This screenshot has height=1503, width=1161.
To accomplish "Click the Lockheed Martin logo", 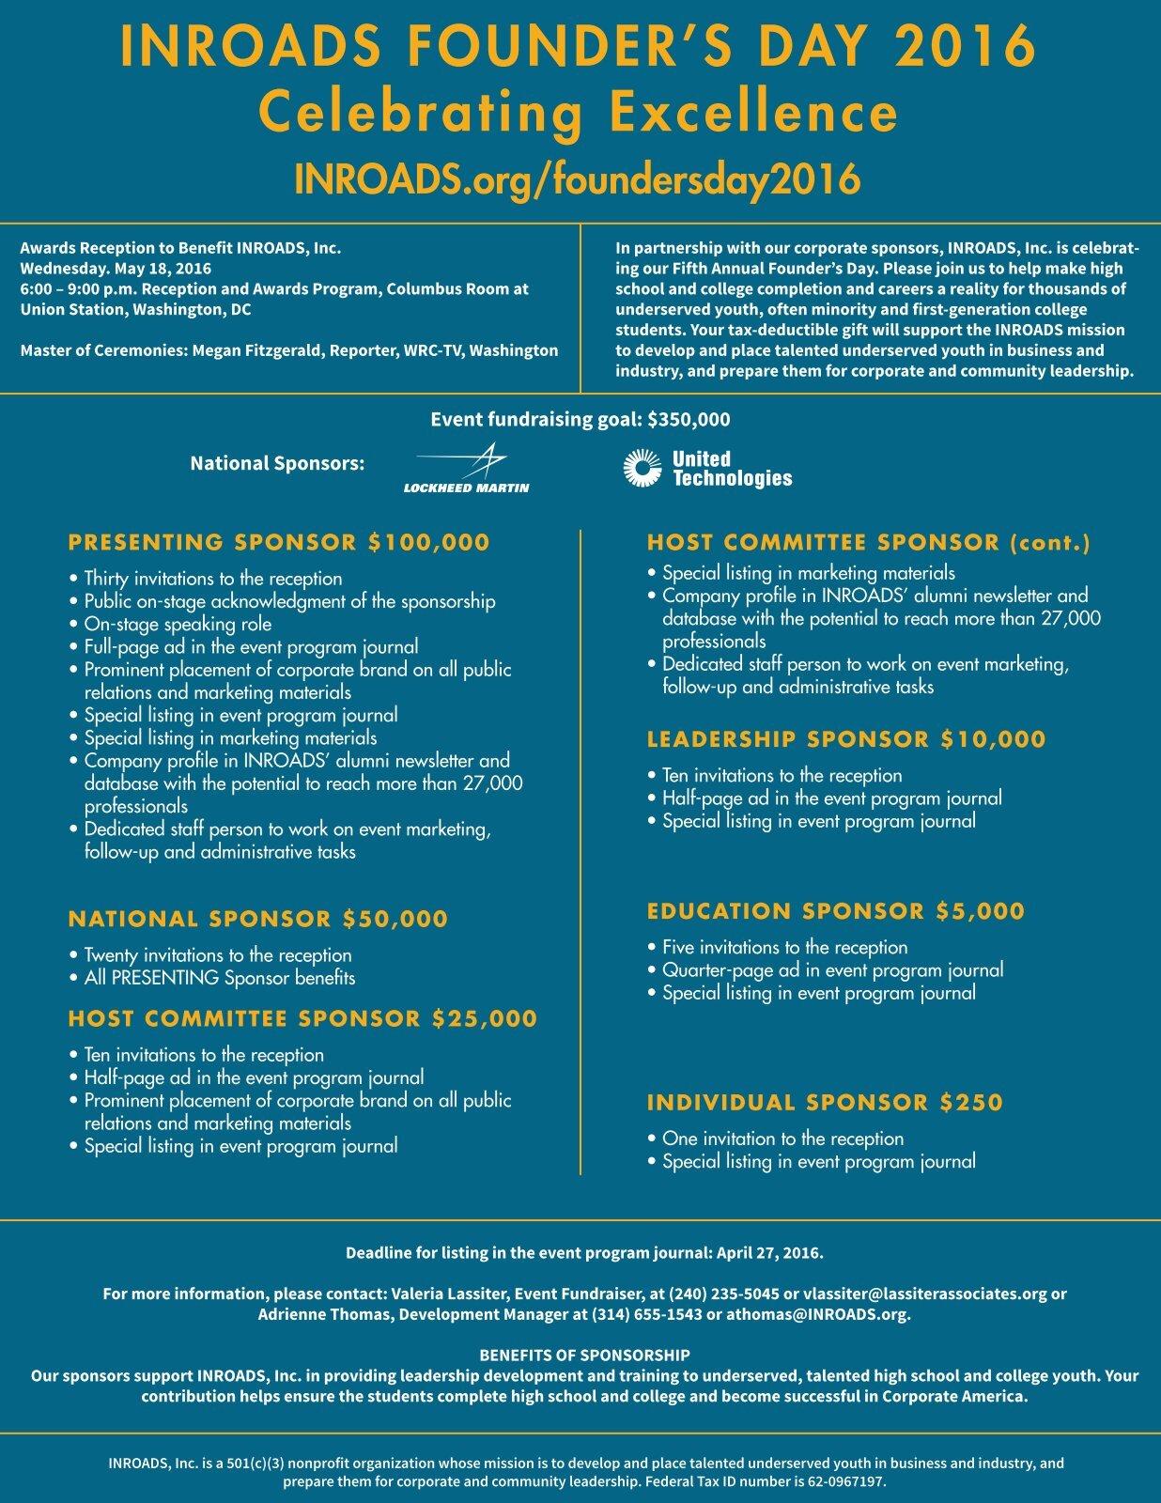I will (466, 469).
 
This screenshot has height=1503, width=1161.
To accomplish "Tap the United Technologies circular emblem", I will (642, 469).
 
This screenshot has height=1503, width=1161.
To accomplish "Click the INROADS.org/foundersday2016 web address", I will (578, 178).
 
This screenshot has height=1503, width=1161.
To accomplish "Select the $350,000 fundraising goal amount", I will (689, 420).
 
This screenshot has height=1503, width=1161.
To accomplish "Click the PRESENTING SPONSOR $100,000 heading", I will (279, 542).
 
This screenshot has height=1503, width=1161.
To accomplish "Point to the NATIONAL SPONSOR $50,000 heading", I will (257, 919).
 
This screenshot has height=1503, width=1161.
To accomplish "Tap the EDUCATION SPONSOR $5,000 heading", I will (836, 911).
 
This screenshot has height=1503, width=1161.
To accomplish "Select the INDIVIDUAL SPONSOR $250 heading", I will (825, 1102).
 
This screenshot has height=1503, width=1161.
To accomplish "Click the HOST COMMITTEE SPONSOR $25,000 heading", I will (302, 1018).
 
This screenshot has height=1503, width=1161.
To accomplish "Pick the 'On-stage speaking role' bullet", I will (178, 624).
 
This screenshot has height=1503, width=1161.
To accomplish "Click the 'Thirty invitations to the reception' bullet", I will (213, 579).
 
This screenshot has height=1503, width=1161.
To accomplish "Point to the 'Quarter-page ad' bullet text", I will (832, 969).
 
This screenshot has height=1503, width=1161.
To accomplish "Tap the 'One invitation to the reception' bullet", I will (782, 1139).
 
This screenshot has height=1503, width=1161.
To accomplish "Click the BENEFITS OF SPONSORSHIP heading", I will (584, 1356).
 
